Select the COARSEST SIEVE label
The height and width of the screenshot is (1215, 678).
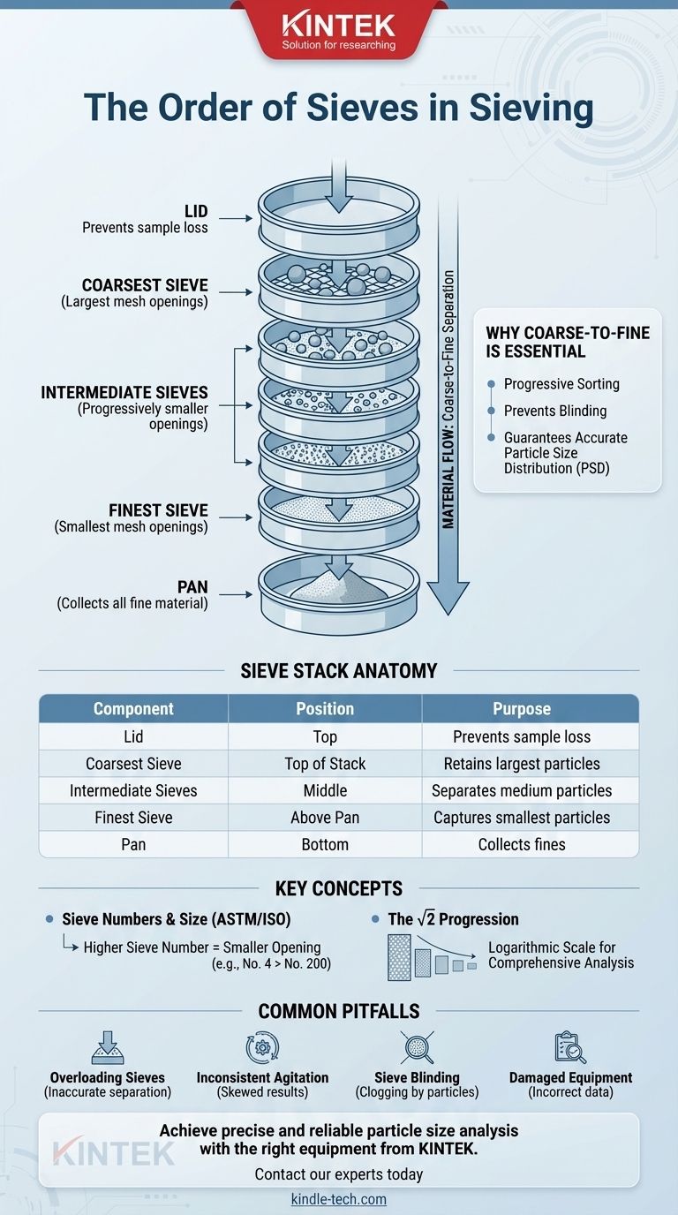point(145,285)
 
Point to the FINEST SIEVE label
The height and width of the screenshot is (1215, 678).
point(158,510)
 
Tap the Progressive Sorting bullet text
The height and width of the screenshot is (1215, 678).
point(561,384)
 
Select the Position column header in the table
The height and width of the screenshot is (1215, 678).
point(325,709)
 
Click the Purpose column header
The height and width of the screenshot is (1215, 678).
point(522,709)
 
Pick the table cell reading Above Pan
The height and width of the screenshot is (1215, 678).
point(325,818)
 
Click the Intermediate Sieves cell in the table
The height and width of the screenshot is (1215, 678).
point(133,790)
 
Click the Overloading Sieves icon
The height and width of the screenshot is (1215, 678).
point(108,1047)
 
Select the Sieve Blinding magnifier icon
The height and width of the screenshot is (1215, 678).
point(415,1047)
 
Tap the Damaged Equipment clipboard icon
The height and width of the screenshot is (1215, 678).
point(570,1047)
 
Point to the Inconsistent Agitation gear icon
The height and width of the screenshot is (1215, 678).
point(262,1047)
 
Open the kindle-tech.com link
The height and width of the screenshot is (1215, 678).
point(339,1199)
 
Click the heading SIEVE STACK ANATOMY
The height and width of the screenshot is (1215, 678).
point(339,671)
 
